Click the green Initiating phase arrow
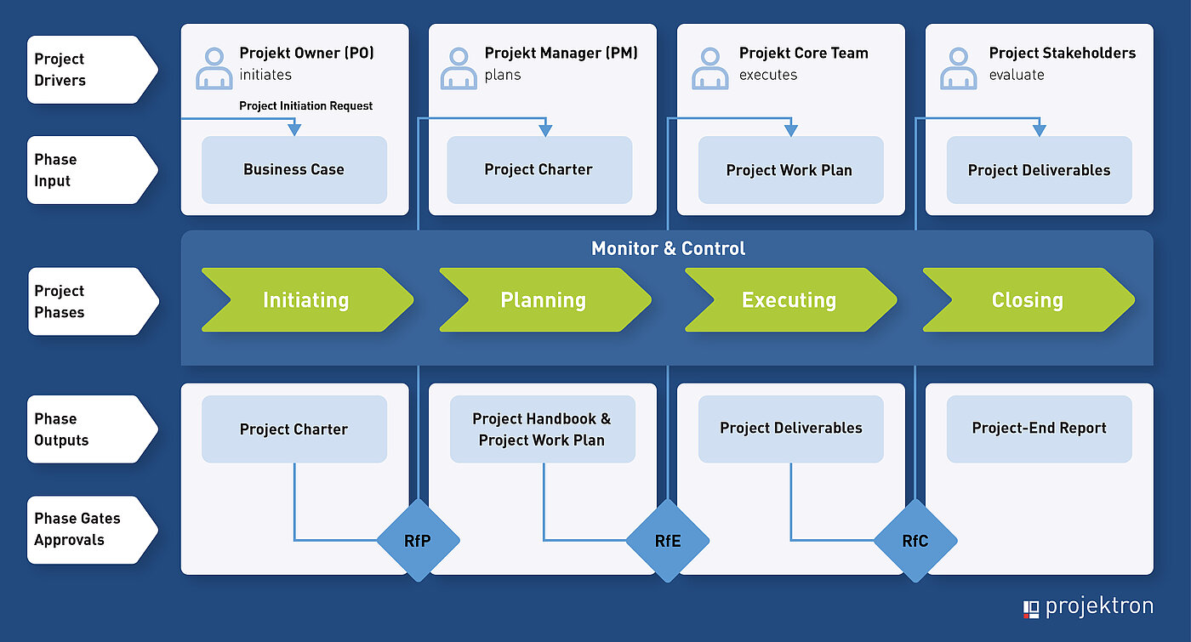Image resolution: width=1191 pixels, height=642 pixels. tap(306, 300)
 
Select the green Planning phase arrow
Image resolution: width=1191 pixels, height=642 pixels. tap(544, 300)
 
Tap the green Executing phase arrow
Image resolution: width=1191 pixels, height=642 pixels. tap(789, 300)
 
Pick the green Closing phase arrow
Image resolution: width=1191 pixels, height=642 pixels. tap(1028, 300)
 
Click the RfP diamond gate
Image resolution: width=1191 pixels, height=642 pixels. tap(418, 540)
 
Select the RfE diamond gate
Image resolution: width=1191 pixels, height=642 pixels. tap(668, 540)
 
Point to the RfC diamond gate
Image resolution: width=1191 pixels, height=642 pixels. tap(915, 540)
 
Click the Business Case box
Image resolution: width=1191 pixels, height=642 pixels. tap(293, 170)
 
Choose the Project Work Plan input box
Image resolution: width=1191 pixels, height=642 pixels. tap(789, 170)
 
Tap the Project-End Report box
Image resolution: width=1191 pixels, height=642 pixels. tap(1039, 429)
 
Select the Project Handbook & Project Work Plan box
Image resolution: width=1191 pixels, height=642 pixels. tap(542, 429)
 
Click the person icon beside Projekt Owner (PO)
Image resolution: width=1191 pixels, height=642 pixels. tap(214, 69)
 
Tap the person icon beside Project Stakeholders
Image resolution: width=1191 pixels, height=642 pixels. tap(959, 69)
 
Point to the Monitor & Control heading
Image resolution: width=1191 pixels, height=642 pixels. tap(668, 249)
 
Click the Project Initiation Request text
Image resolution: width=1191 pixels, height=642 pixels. tap(306, 106)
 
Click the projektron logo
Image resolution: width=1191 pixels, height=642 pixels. tap(1088, 607)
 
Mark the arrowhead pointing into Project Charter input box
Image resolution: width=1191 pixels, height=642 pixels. tap(545, 130)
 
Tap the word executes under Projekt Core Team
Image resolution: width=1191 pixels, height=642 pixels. tap(768, 75)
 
